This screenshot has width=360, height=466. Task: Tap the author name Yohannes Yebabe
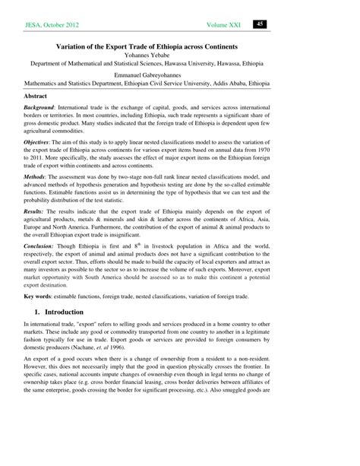[x=180, y=56]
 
